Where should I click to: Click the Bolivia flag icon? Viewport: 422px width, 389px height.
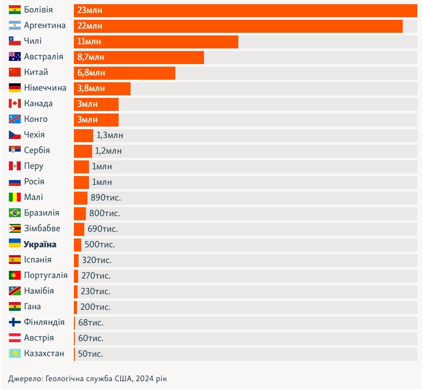[15, 10]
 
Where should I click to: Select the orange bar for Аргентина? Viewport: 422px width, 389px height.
[238, 26]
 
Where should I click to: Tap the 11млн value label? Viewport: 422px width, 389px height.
[89, 42]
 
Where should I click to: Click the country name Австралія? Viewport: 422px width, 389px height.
[44, 57]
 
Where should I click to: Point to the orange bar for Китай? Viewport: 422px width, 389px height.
[125, 72]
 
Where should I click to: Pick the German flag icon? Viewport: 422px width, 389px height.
[15, 88]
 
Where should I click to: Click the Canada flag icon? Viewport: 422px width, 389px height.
[15, 104]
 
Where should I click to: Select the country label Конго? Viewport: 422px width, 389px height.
[36, 119]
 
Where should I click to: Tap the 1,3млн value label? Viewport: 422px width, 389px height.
[110, 135]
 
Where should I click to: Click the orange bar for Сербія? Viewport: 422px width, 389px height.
[83, 151]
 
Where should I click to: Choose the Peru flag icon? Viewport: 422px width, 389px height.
[15, 166]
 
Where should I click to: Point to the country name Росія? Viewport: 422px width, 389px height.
[34, 182]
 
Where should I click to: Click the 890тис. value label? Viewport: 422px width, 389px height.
[106, 198]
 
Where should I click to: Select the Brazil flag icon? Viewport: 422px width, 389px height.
[15, 213]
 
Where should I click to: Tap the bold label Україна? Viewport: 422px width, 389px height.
[40, 244]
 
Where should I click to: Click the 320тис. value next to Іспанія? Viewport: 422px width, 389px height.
[97, 260]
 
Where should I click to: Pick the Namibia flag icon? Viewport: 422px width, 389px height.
[15, 291]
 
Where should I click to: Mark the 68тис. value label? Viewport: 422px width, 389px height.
[91, 323]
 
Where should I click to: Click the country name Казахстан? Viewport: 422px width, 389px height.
[44, 354]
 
